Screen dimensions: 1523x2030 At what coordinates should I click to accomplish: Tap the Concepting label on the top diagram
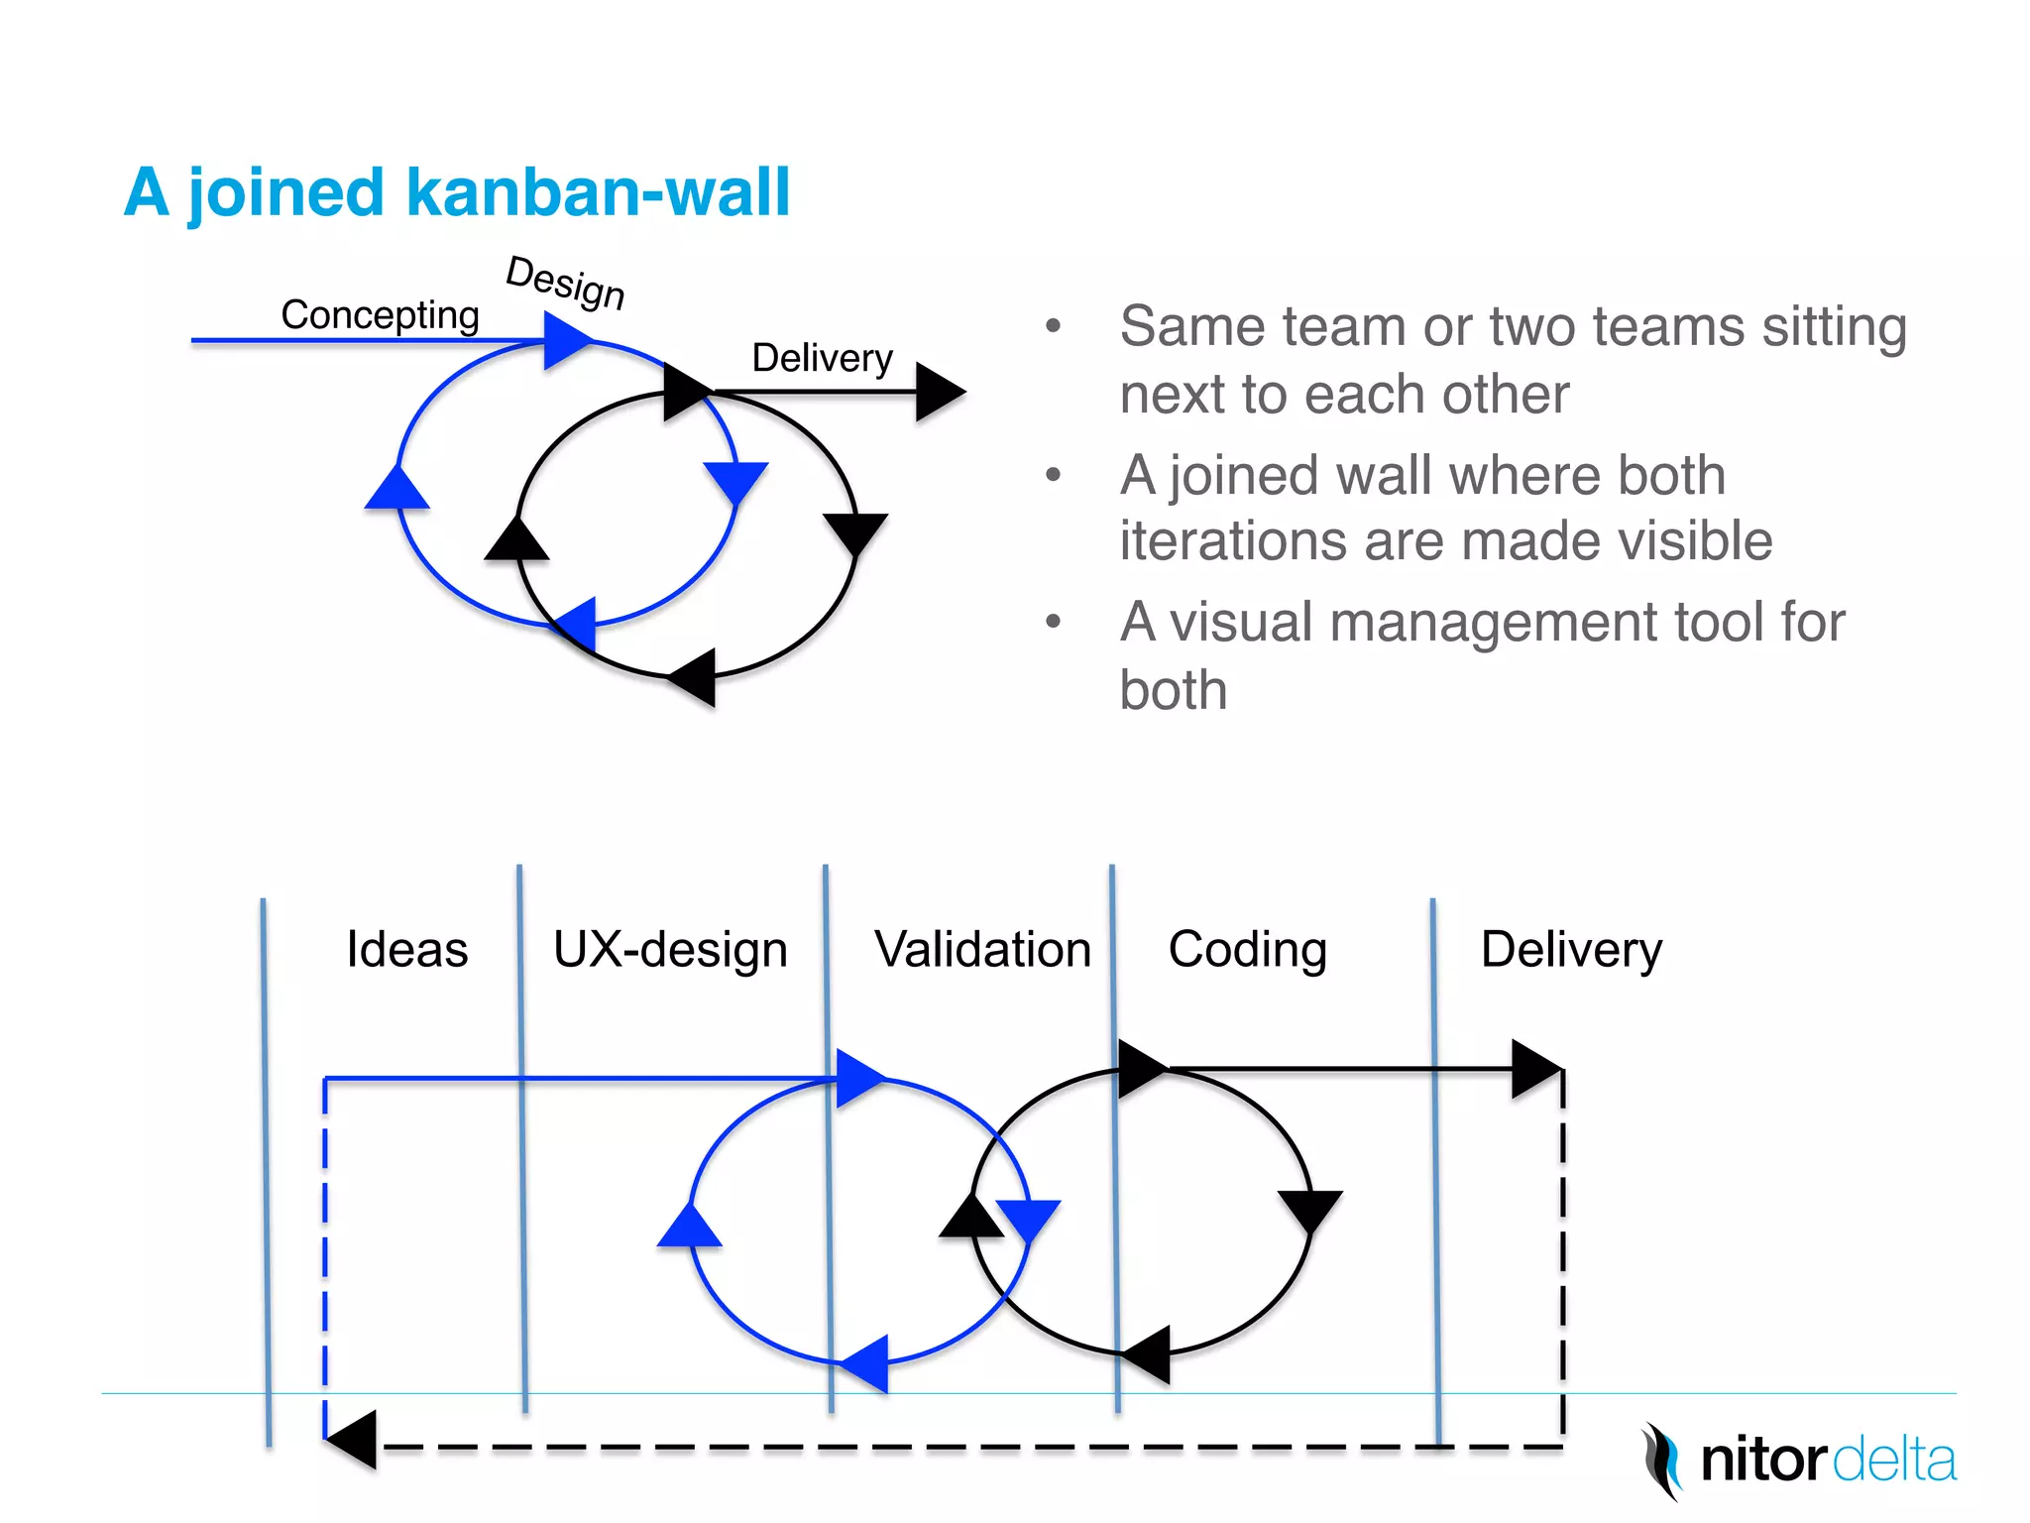pos(380,315)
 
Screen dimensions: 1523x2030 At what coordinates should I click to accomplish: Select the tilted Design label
pos(566,282)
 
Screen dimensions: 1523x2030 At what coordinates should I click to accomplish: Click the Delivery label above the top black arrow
pos(822,358)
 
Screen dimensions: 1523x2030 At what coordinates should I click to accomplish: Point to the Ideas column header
pos(406,949)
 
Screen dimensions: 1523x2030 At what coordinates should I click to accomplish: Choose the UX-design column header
pos(670,949)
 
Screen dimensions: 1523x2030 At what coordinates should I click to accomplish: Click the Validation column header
pos(982,949)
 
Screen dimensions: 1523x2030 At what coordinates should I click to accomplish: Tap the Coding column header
pos(1247,949)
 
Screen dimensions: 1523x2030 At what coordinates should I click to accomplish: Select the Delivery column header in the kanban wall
pos(1571,949)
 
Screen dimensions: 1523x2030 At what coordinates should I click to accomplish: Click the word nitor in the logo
pos(1762,1461)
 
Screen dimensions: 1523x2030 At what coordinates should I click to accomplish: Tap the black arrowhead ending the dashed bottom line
pos(352,1439)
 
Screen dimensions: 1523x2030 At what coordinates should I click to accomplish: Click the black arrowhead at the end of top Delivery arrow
pos(938,392)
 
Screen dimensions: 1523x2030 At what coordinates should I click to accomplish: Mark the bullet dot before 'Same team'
pos(1053,326)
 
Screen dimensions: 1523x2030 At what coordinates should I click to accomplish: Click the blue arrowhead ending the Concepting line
pos(566,341)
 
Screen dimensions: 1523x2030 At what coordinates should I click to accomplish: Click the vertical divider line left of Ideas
pos(266,1170)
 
